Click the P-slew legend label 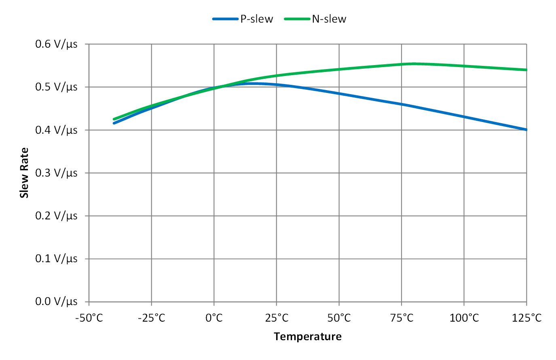point(257,19)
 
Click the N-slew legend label point(329,19)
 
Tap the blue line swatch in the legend point(225,19)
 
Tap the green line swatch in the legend point(297,19)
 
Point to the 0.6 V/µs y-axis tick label point(56,44)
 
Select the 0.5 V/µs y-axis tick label point(56,87)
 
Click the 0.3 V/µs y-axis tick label point(56,173)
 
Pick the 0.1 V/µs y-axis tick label point(56,259)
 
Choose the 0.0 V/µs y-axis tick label point(56,301)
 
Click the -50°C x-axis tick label point(89,318)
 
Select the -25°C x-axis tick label point(152,318)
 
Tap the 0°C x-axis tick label point(214,318)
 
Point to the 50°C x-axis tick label point(339,318)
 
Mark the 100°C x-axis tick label point(464,318)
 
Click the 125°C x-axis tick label point(526,318)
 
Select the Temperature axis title point(308,337)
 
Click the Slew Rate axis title point(25,173)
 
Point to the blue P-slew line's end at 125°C point(526,130)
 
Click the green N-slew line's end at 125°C point(526,70)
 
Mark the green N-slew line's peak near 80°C point(414,63)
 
